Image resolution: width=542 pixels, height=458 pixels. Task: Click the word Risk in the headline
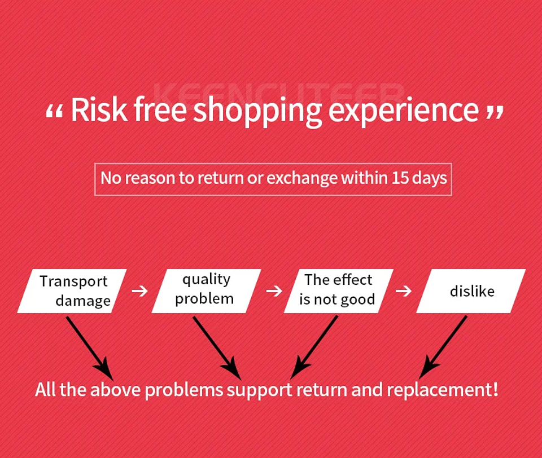(99, 109)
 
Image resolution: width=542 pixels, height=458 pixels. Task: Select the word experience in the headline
(403, 111)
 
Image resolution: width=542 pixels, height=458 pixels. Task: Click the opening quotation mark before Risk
(54, 112)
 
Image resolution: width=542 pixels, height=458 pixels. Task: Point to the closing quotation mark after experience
(495, 112)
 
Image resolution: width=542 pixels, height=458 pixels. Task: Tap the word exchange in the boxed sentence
(302, 179)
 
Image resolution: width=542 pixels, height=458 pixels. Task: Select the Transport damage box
(72, 291)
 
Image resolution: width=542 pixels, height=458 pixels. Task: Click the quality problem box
(207, 291)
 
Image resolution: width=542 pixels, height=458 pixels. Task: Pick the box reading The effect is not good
(338, 291)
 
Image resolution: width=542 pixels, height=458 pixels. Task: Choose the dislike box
(471, 291)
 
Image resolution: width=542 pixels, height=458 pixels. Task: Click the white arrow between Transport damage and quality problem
(139, 291)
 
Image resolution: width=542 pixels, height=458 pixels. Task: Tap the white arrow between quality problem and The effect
(274, 291)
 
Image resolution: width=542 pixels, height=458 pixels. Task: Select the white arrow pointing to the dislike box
(404, 291)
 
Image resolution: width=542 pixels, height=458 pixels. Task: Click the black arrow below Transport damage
(90, 349)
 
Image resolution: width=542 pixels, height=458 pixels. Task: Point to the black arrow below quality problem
(217, 348)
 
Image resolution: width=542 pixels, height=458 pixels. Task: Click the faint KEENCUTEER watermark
(279, 93)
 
